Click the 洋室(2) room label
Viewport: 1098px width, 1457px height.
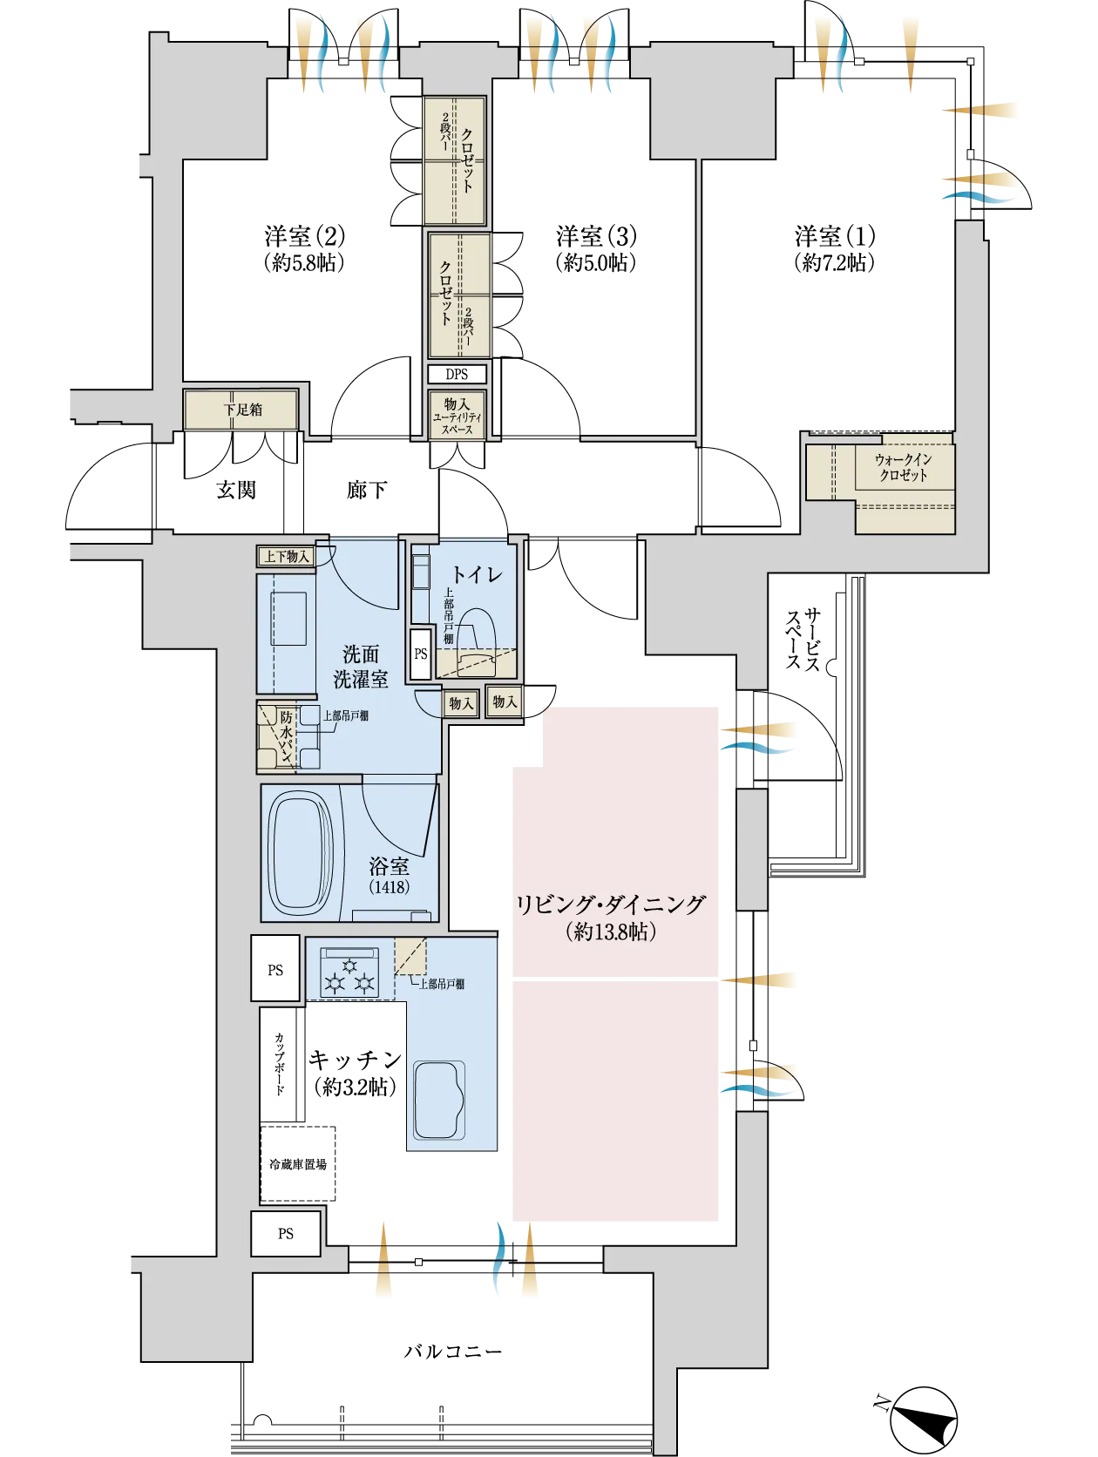click(x=304, y=236)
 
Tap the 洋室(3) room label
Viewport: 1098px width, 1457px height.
click(x=595, y=236)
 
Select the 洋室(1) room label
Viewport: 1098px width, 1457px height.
click(x=835, y=236)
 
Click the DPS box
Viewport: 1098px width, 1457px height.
click(x=457, y=375)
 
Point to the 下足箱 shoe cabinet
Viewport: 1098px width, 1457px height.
click(x=241, y=410)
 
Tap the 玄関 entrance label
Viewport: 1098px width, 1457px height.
click(x=235, y=490)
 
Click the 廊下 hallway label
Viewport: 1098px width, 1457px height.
click(x=367, y=490)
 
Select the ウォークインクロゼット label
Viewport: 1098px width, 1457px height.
click(x=903, y=466)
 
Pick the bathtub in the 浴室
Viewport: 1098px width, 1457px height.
click(x=300, y=852)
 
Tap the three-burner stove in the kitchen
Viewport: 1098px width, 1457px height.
click(x=349, y=972)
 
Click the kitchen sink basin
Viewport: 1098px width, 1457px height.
click(x=439, y=1100)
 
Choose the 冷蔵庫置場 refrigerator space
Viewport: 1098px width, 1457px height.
click(x=297, y=1163)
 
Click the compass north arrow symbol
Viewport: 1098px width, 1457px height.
click(x=924, y=1420)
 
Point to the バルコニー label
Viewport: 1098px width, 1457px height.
click(x=453, y=1351)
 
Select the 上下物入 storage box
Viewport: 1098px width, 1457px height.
click(x=286, y=556)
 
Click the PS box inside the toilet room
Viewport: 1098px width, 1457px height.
click(x=420, y=654)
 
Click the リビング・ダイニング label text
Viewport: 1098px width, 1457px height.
click(x=611, y=905)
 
